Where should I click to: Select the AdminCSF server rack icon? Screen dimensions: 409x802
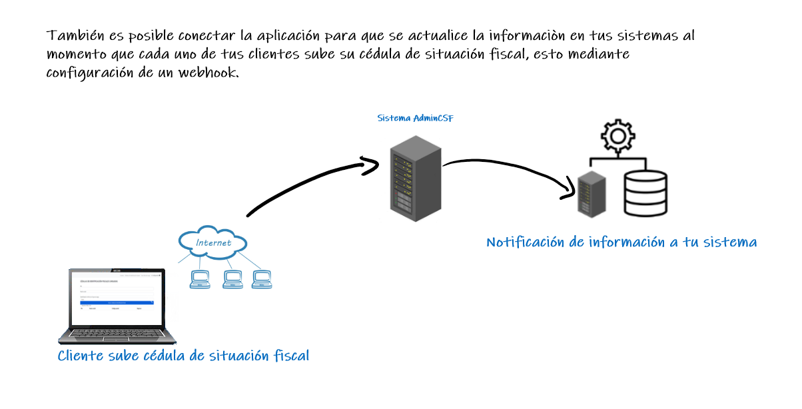pyautogui.click(x=416, y=178)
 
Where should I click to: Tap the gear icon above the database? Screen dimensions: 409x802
pyautogui.click(x=617, y=137)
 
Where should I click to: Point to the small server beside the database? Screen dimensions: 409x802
pyautogui.click(x=592, y=193)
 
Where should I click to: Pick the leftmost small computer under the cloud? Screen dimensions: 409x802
pyautogui.click(x=200, y=279)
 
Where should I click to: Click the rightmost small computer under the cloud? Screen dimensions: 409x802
pyautogui.click(x=261, y=279)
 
